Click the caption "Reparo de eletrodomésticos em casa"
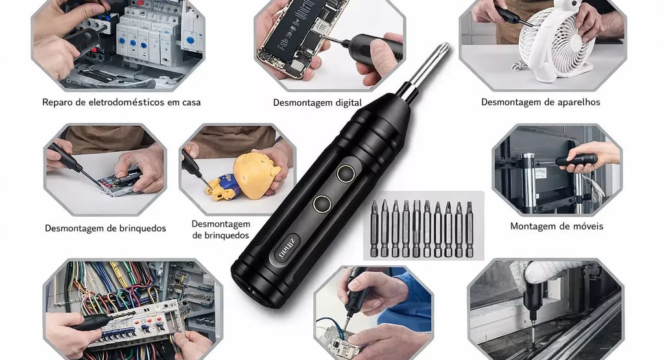121,102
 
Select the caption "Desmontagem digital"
317,103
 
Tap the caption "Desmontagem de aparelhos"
540,102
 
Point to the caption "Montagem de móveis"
556,226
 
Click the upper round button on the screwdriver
346,174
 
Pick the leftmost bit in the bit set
374,229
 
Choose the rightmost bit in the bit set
469,229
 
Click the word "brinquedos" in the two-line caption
220,235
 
